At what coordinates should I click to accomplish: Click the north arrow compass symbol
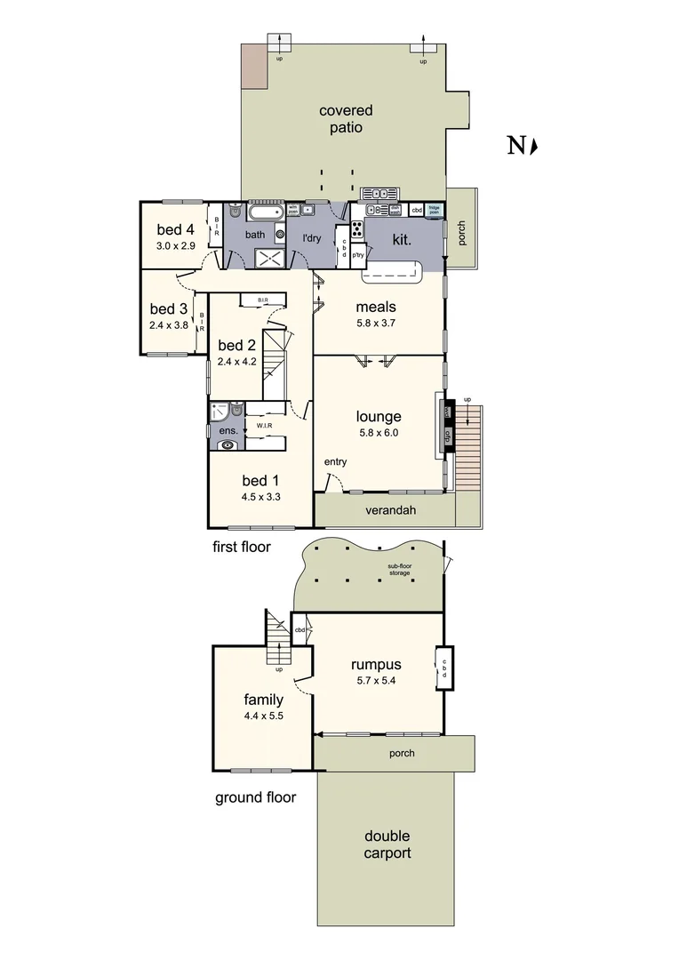point(522,147)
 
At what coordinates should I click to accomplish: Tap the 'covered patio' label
point(346,119)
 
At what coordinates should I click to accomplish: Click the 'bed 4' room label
point(175,229)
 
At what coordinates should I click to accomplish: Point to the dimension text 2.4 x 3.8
point(168,324)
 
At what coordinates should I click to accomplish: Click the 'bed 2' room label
point(236,345)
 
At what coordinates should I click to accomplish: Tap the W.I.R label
point(264,426)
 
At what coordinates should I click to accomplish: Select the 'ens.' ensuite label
point(228,431)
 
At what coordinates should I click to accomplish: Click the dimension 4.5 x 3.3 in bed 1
point(260,497)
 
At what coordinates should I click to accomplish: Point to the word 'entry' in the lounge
point(335,461)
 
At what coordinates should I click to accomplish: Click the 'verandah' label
point(391,510)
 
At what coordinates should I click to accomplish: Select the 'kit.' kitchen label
point(402,240)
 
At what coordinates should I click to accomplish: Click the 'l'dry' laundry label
point(311,238)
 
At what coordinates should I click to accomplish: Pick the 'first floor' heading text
point(241,547)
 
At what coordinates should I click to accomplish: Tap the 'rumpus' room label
point(376,664)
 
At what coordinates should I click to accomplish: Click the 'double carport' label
point(387,844)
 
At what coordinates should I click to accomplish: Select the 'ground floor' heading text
point(255,797)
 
